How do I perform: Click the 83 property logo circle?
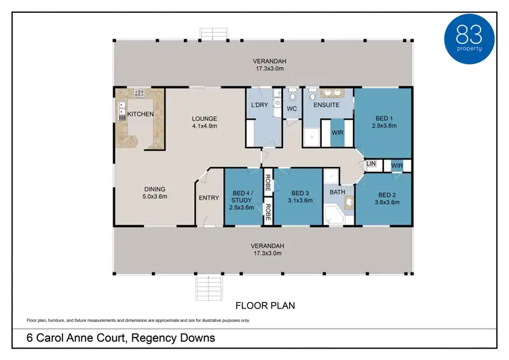[x=470, y=37]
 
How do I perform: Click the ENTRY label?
[x=208, y=198]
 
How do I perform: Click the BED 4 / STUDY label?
[x=242, y=196]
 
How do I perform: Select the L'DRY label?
[x=259, y=105]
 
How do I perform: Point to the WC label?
[x=292, y=109]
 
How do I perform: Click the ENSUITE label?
[x=326, y=105]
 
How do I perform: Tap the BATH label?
[x=337, y=193]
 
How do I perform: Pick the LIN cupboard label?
[x=371, y=164]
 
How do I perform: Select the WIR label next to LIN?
[x=398, y=164]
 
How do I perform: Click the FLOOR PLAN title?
[x=265, y=306]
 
